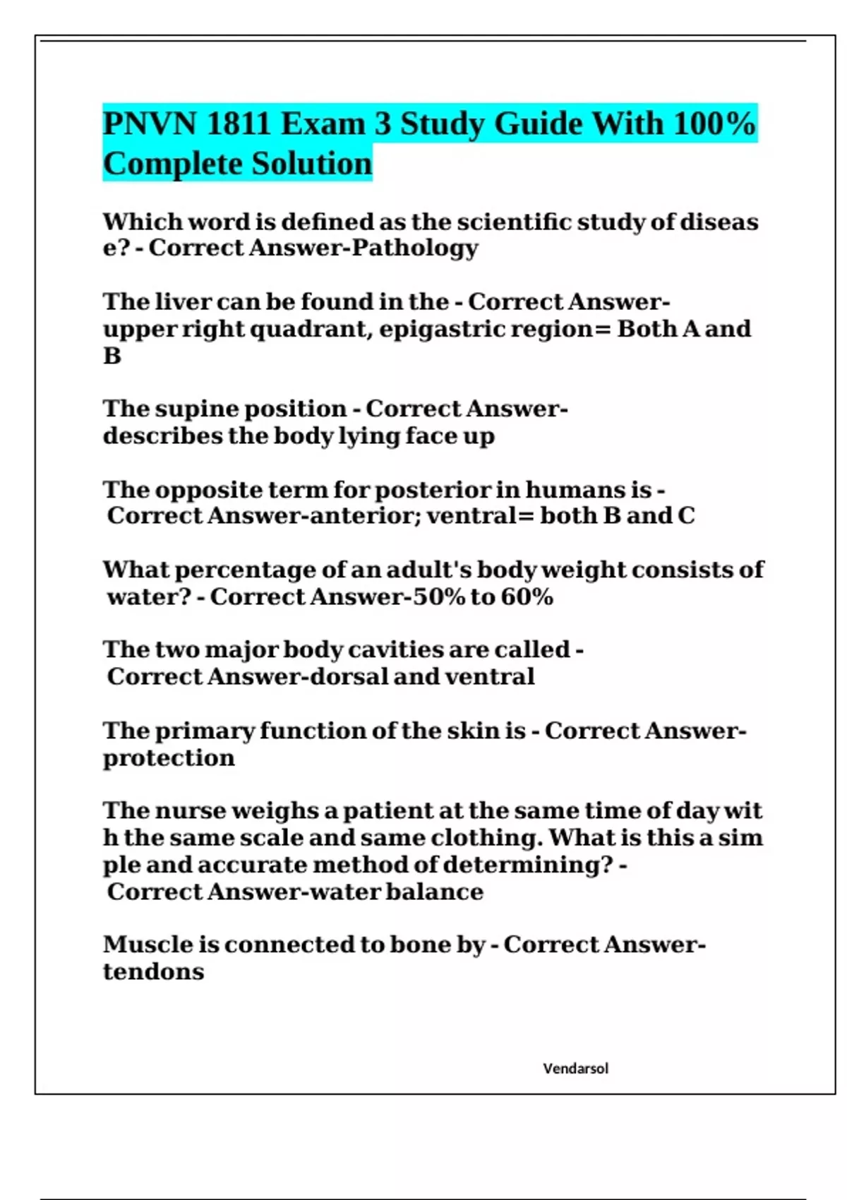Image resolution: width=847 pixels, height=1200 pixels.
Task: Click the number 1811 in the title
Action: pos(239,124)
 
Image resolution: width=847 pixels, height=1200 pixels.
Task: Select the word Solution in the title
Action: pos(312,164)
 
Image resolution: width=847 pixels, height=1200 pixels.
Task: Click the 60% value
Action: pos(527,597)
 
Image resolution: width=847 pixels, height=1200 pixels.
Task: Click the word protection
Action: pos(169,758)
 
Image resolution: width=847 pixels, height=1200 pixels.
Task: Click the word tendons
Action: pos(153,972)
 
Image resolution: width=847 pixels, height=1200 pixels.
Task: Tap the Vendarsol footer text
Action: pos(575,1069)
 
